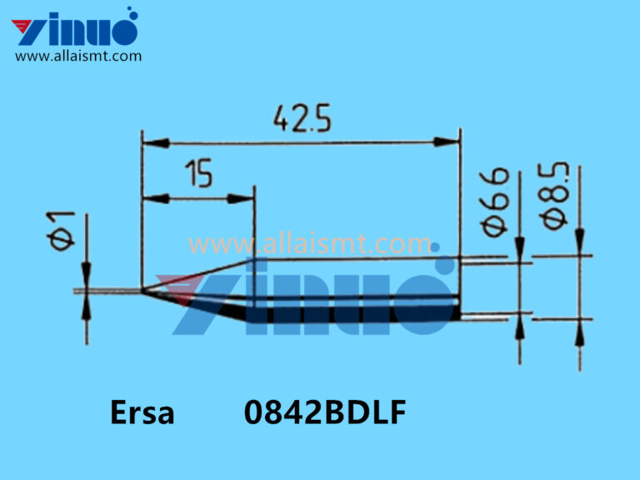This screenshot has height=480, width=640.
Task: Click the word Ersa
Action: [x=142, y=413]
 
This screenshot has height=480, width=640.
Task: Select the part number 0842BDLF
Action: [x=325, y=413]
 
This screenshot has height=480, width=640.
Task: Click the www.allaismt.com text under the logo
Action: [x=78, y=56]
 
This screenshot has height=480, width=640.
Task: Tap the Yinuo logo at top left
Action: [x=75, y=27]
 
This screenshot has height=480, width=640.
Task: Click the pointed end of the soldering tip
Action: [x=144, y=291]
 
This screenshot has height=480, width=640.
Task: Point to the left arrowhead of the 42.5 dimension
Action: [x=150, y=142]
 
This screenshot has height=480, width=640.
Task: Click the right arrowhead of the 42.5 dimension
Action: [x=452, y=142]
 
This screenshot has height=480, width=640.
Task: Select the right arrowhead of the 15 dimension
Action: [x=246, y=198]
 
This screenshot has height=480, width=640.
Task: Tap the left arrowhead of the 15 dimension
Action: [x=151, y=198]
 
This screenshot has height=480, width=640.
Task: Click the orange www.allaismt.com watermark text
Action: [x=308, y=244]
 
